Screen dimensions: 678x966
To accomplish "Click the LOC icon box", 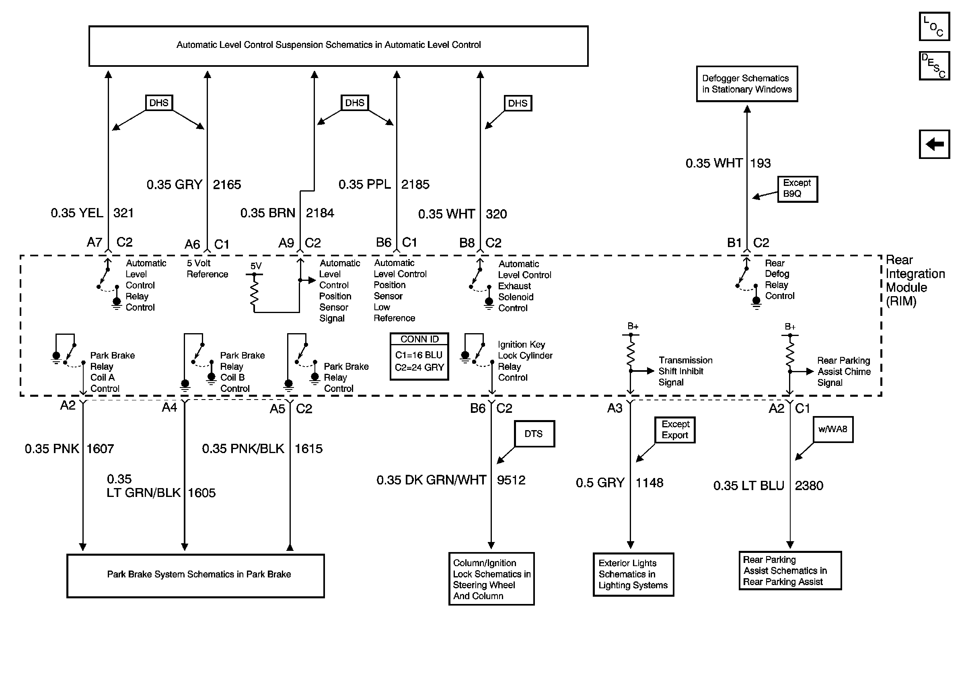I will pyautogui.click(x=934, y=27).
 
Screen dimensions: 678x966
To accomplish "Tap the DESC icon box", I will pyautogui.click(x=934, y=66).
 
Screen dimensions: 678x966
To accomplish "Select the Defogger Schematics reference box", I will pyautogui.click(x=747, y=84).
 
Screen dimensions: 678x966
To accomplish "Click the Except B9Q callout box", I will pyautogui.click(x=797, y=189).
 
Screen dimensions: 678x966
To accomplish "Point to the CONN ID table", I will pyautogui.click(x=419, y=357).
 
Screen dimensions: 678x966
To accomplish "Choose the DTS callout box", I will pyautogui.click(x=534, y=433).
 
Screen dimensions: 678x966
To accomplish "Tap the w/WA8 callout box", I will pyautogui.click(x=832, y=429).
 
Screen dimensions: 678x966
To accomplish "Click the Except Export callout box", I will pyautogui.click(x=675, y=430).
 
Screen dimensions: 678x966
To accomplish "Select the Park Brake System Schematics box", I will pyautogui.click(x=195, y=575).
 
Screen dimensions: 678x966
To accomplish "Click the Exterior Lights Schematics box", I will pyautogui.click(x=633, y=574).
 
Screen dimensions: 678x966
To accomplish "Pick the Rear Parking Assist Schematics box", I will pyautogui.click(x=790, y=571).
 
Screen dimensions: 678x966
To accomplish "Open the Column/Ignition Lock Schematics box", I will pyautogui.click(x=491, y=579).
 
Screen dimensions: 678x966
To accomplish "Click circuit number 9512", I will pyautogui.click(x=511, y=480).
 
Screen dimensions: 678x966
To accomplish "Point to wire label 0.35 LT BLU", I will pyautogui.click(x=748, y=486).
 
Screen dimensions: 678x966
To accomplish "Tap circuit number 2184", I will pyautogui.click(x=320, y=213).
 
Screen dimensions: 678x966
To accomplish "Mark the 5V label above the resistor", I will pyautogui.click(x=256, y=266).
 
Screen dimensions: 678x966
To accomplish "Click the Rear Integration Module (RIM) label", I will pyautogui.click(x=915, y=281).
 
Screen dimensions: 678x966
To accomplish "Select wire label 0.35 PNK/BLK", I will pyautogui.click(x=243, y=449).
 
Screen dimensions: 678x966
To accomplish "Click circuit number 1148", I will pyautogui.click(x=649, y=483).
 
